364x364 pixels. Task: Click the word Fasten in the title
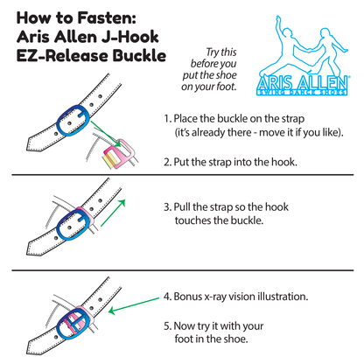click(x=107, y=18)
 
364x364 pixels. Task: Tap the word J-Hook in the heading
click(x=130, y=37)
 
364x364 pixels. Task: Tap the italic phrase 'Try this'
click(x=221, y=52)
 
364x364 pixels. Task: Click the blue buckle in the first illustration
click(x=73, y=120)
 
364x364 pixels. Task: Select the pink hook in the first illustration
click(x=120, y=154)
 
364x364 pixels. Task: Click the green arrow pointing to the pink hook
click(x=106, y=134)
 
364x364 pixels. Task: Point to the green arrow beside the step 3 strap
click(x=113, y=213)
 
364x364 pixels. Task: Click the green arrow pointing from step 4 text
click(x=134, y=305)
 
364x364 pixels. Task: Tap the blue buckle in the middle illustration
click(x=73, y=226)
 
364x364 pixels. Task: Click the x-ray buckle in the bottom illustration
click(x=73, y=324)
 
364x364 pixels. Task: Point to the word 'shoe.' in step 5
click(x=235, y=339)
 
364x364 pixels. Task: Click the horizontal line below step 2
click(x=183, y=175)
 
